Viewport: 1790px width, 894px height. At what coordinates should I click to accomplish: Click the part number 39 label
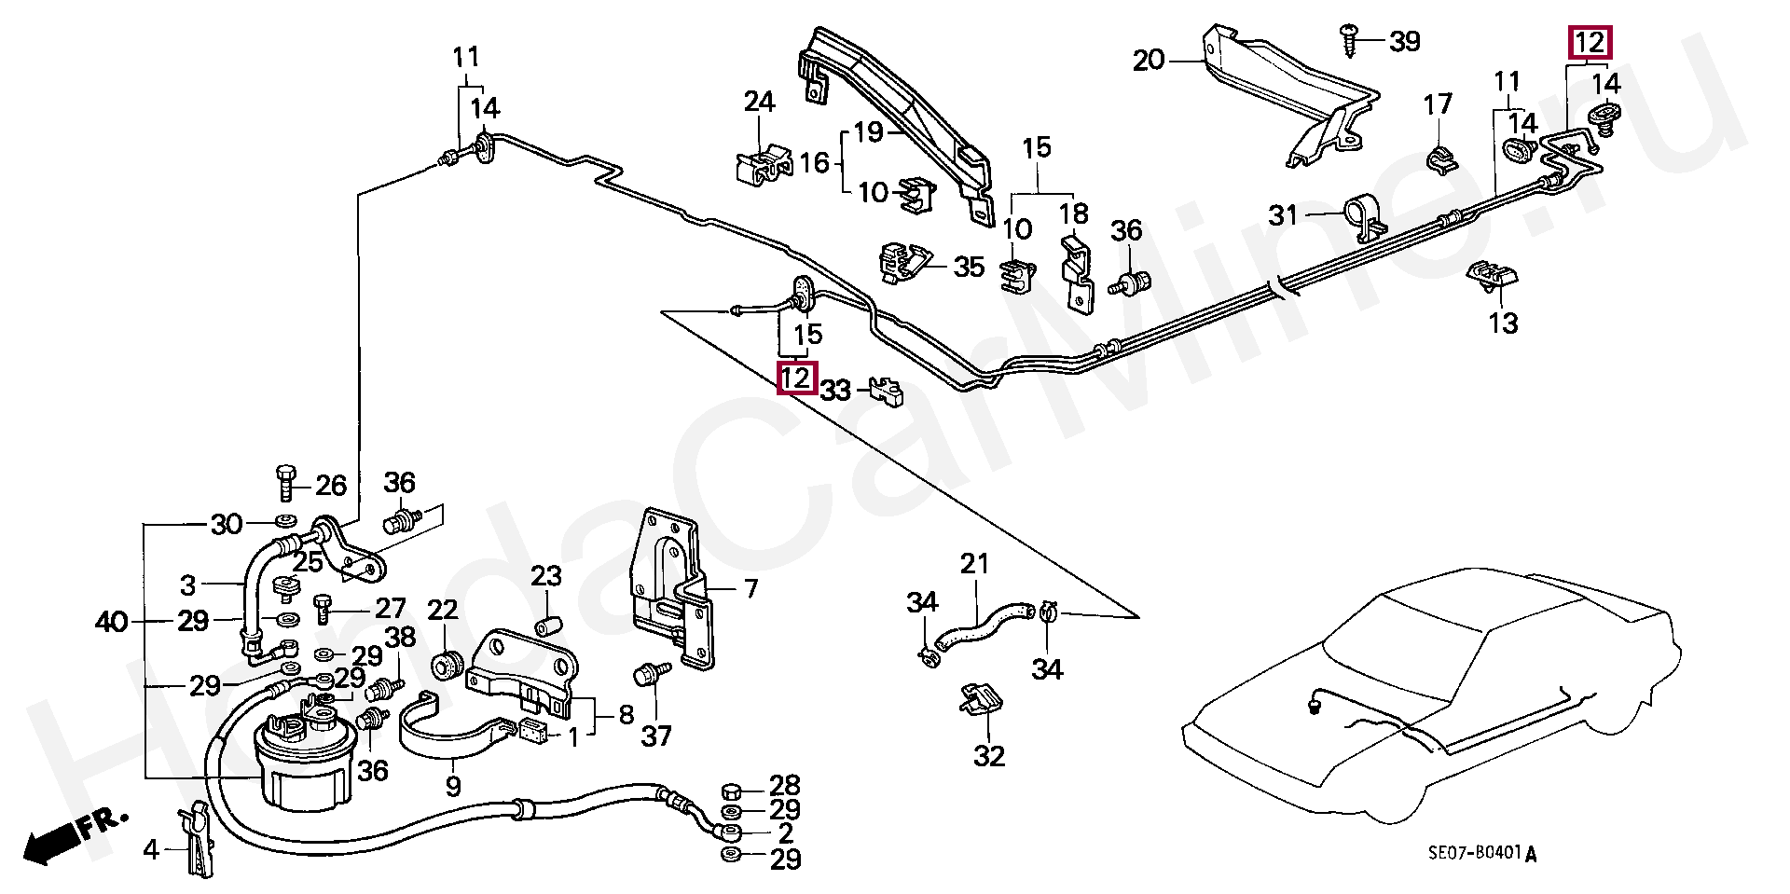click(1404, 41)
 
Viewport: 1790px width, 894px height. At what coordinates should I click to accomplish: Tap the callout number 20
click(1149, 62)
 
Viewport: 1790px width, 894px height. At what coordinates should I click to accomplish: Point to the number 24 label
click(760, 101)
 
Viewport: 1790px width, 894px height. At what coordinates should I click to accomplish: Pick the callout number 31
click(1284, 216)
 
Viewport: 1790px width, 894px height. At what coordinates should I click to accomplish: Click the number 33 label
click(836, 391)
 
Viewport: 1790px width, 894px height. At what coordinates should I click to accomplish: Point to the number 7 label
click(750, 589)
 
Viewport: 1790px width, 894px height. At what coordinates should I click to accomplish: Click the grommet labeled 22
click(447, 665)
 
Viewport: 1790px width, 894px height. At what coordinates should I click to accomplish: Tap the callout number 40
click(112, 621)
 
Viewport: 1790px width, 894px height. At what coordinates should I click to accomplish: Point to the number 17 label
click(1439, 103)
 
